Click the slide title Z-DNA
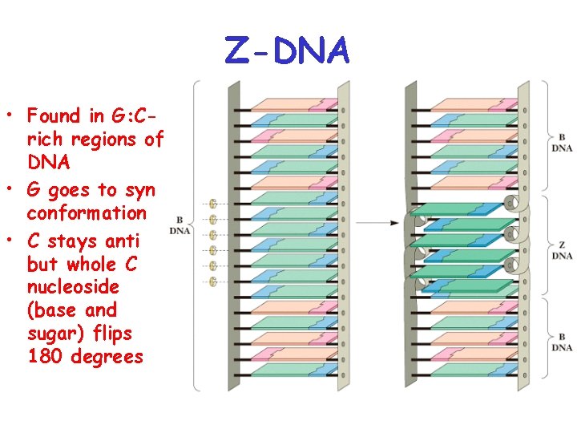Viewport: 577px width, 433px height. pyautogui.click(x=287, y=51)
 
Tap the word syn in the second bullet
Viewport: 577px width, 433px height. pyautogui.click(x=137, y=190)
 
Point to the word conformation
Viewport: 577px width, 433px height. pyautogui.click(x=87, y=213)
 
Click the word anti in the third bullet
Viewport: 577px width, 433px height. pyautogui.click(x=122, y=241)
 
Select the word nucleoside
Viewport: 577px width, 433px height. pyautogui.click(x=73, y=286)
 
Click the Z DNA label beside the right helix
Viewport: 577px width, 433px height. pyautogui.click(x=562, y=250)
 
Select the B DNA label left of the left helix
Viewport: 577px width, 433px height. pyautogui.click(x=180, y=226)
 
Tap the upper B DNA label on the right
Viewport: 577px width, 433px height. pyautogui.click(x=562, y=142)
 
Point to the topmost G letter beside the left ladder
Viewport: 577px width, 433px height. pyautogui.click(x=213, y=204)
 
